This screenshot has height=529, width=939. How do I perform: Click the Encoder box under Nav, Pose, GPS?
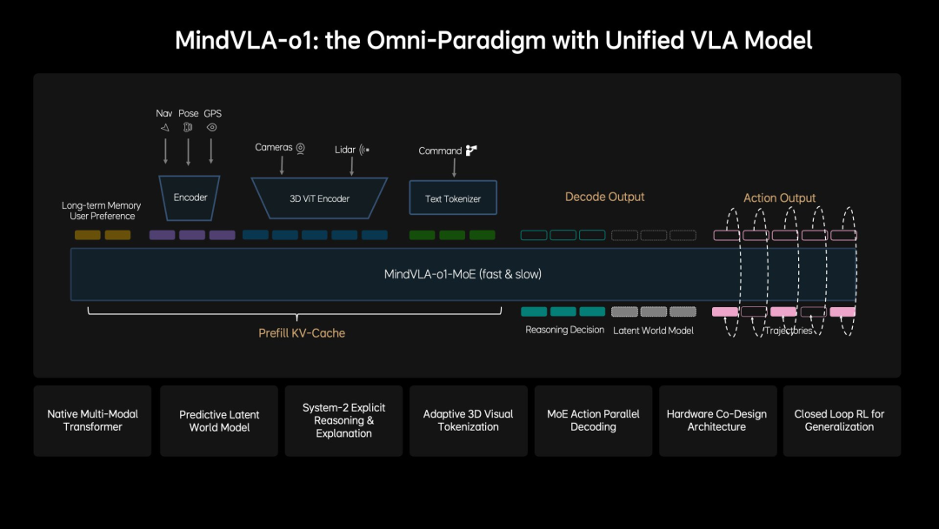[190, 198]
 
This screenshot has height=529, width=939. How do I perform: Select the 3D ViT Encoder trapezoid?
[319, 198]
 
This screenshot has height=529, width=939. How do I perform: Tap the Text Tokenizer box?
[452, 198]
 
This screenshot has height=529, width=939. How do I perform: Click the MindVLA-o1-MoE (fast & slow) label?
[463, 274]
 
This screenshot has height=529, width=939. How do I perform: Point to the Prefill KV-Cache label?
[302, 333]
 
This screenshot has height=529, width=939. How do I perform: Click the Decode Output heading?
[604, 197]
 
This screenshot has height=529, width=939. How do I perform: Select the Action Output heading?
[779, 198]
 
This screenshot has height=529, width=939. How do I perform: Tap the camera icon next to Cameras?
[301, 148]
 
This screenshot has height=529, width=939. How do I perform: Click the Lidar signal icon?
[364, 150]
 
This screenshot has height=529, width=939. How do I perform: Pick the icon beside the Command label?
[471, 151]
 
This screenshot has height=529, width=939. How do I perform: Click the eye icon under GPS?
[212, 127]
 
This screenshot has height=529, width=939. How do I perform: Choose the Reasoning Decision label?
[564, 331]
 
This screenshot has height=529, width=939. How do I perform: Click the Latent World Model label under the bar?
[653, 331]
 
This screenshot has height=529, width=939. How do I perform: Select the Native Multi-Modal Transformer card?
[92, 420]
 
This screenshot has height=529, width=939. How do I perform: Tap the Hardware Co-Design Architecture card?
[716, 420]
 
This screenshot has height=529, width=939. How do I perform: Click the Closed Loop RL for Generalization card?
[839, 420]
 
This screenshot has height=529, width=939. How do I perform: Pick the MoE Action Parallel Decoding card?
[593, 420]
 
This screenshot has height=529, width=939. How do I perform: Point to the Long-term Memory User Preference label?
[102, 211]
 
